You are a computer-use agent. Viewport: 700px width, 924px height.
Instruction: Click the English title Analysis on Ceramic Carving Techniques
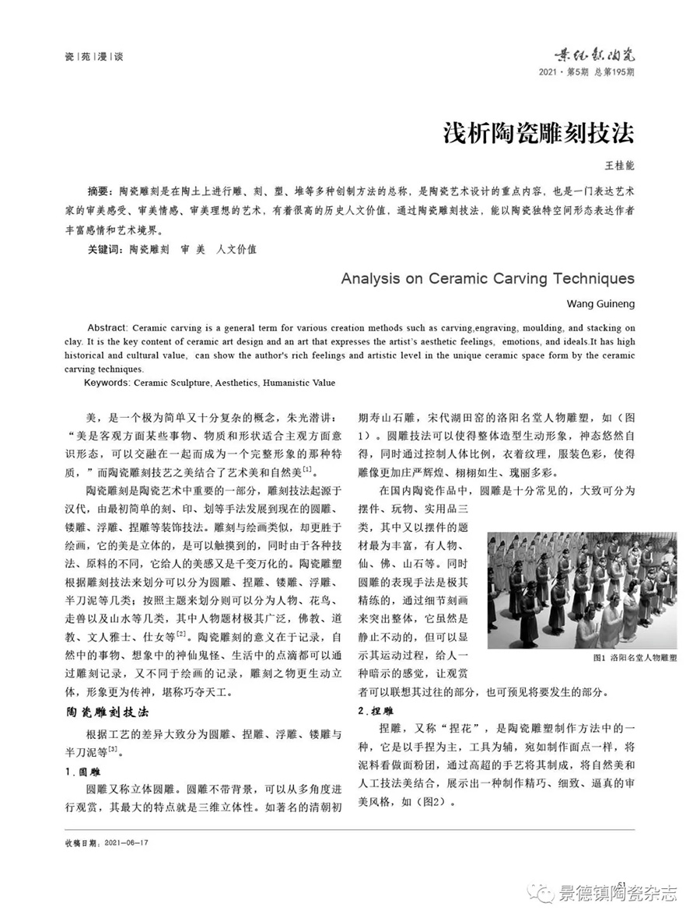(x=488, y=278)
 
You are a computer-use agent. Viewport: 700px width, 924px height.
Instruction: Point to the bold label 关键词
(x=103, y=250)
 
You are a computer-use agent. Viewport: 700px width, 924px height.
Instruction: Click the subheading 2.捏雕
(x=375, y=711)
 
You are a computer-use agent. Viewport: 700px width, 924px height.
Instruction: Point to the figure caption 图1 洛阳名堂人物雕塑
(x=634, y=658)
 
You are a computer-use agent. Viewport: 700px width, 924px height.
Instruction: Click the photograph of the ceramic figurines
(x=582, y=590)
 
